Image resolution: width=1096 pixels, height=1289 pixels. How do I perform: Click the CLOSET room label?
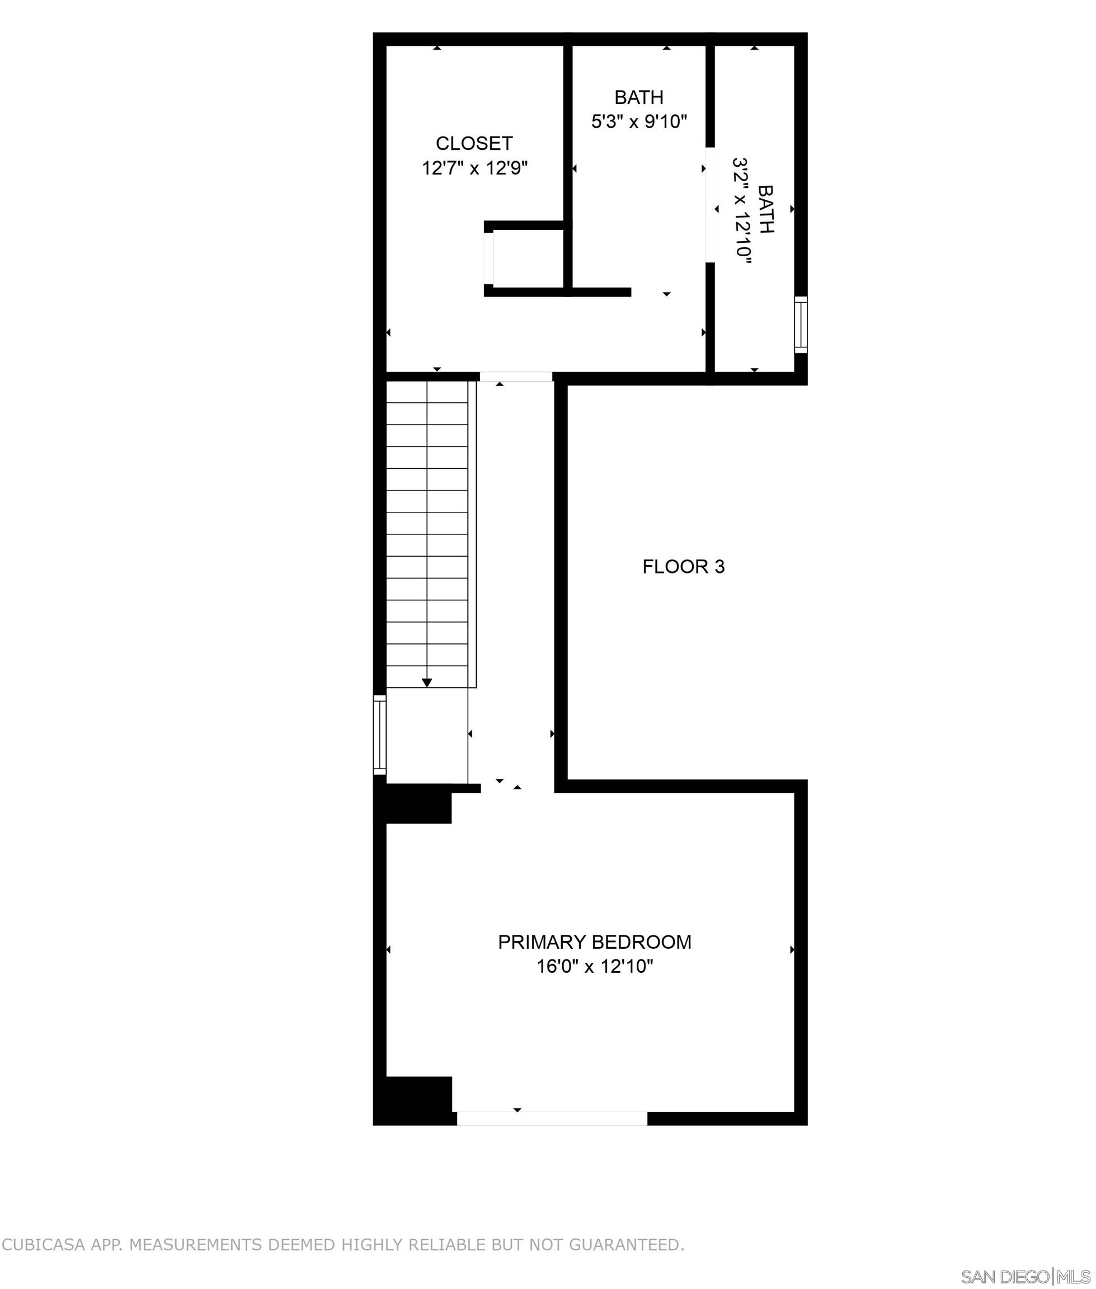[x=474, y=143]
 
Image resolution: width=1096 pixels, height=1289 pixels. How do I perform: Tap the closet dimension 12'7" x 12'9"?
[x=474, y=168]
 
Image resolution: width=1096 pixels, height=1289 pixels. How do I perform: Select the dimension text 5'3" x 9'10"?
[x=639, y=121]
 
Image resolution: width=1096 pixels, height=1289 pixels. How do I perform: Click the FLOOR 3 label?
[x=684, y=567]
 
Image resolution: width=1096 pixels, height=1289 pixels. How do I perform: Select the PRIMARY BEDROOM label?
[x=594, y=942]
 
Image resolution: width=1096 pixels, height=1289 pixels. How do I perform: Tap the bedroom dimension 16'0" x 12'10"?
[x=595, y=967]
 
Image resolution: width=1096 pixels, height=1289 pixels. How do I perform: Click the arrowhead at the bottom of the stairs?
[x=427, y=683]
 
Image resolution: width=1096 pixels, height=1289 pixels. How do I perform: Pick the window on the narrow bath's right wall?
[x=801, y=324]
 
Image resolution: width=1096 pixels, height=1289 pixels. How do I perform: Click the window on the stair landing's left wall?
[x=379, y=735]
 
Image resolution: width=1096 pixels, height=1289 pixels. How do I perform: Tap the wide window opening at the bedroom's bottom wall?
[x=552, y=1118]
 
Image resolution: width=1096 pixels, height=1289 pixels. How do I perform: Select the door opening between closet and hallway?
[x=516, y=377]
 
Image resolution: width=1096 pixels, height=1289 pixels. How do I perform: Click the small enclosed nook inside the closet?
[x=528, y=258]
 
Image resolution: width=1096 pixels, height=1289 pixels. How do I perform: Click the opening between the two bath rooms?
[x=710, y=205]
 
